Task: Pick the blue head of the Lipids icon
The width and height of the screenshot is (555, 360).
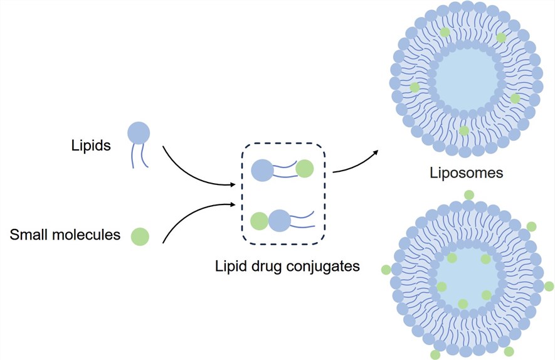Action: pos(139,133)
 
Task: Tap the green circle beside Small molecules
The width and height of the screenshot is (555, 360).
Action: pos(140,236)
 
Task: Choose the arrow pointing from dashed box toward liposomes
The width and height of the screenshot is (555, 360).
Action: pos(356,162)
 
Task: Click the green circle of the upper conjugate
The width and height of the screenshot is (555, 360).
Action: pos(305,169)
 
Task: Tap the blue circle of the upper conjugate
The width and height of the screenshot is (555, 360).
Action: pos(262,170)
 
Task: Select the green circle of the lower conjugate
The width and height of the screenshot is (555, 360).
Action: pos(259,221)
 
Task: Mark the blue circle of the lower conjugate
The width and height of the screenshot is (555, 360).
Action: pos(279,221)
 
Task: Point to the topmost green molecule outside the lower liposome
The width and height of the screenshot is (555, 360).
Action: pos(468,195)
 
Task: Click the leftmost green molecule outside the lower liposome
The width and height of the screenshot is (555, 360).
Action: pos(386,270)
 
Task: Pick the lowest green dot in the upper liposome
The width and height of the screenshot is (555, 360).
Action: pos(463,130)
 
